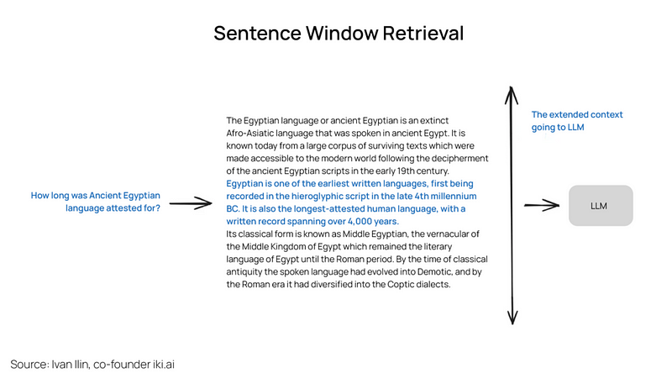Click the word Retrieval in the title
coord(417,34)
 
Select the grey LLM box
coord(601,205)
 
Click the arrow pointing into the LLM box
coord(542,205)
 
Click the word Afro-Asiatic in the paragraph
coord(256,134)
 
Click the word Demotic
coord(412,271)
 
